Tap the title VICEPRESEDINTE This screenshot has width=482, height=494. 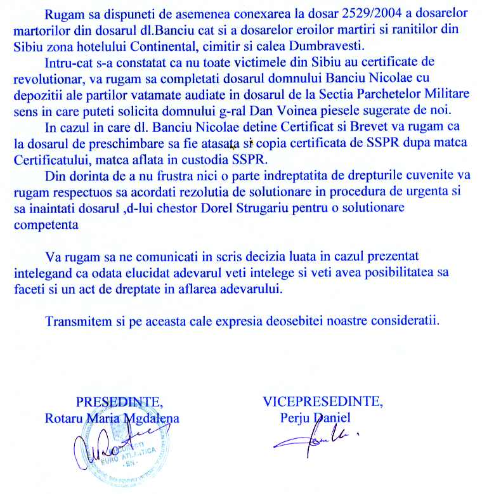(323, 401)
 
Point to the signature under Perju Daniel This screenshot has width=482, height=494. (317, 437)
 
